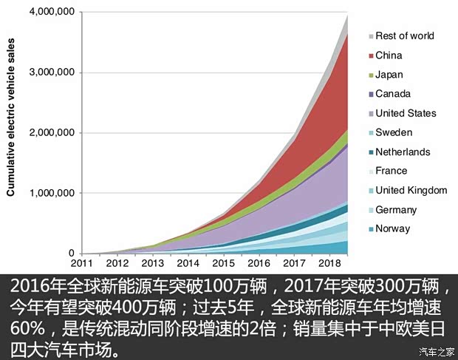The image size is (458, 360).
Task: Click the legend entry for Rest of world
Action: click(x=404, y=35)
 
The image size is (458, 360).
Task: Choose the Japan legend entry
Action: click(x=389, y=75)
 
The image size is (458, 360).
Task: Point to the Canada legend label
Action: click(x=392, y=94)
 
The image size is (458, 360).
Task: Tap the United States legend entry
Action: click(x=406, y=113)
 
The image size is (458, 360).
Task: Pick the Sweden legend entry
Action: click(x=394, y=132)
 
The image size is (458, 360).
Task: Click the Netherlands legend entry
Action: click(x=403, y=152)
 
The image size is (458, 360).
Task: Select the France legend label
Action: click(x=391, y=171)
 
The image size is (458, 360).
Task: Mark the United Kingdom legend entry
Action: click(x=411, y=190)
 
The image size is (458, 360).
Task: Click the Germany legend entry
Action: click(x=396, y=209)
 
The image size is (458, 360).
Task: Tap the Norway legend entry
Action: click(x=392, y=228)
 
